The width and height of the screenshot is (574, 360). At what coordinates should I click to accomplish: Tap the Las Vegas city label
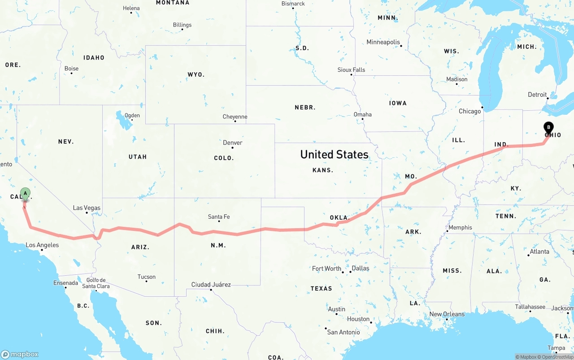pos(87,208)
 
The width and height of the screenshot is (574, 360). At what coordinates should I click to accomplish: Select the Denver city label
pos(233,143)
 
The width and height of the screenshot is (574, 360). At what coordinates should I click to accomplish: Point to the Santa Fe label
pos(219,217)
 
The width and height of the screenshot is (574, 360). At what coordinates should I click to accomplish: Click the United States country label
pos(334,155)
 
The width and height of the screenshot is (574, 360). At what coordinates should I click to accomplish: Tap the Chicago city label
pos(470,111)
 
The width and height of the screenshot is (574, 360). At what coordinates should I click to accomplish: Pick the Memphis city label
pos(460,227)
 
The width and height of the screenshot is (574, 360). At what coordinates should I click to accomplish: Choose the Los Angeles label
pos(42,245)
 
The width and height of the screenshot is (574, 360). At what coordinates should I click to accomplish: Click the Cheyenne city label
pos(235,117)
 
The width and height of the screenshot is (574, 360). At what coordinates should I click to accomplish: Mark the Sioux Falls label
pos(351,70)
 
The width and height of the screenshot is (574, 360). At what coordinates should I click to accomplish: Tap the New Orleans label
pos(447,314)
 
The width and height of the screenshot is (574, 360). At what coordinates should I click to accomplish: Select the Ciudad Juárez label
pos(211,285)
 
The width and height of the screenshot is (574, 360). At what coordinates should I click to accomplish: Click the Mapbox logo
pos(20,354)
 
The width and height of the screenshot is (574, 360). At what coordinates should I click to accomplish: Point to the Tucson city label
pos(147,277)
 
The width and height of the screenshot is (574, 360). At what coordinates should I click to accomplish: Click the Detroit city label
pos(537,95)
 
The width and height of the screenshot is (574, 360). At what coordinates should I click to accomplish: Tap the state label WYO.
pos(196,74)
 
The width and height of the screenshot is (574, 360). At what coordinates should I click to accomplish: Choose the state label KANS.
pos(323,170)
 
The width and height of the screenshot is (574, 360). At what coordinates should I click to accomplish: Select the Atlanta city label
pos(539,252)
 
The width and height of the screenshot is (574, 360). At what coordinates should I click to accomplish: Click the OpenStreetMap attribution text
pos(557,357)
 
